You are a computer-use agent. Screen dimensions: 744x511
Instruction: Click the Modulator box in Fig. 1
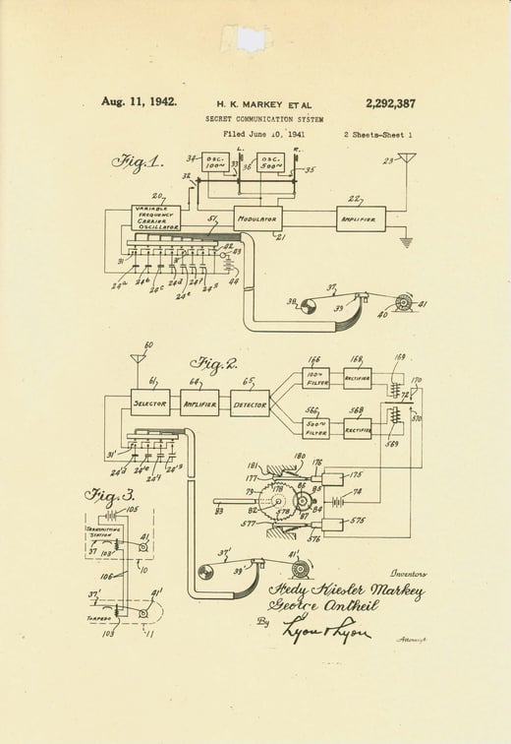[258, 218]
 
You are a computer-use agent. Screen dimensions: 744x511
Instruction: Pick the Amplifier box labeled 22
[361, 218]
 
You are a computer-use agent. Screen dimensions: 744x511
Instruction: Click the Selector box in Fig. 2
[150, 402]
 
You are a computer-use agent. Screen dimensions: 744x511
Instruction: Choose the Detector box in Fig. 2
[251, 402]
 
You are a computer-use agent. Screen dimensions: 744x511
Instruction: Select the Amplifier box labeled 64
[199, 402]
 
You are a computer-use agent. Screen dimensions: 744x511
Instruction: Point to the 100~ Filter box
[315, 377]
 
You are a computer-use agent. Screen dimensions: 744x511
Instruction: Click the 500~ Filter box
[315, 429]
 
